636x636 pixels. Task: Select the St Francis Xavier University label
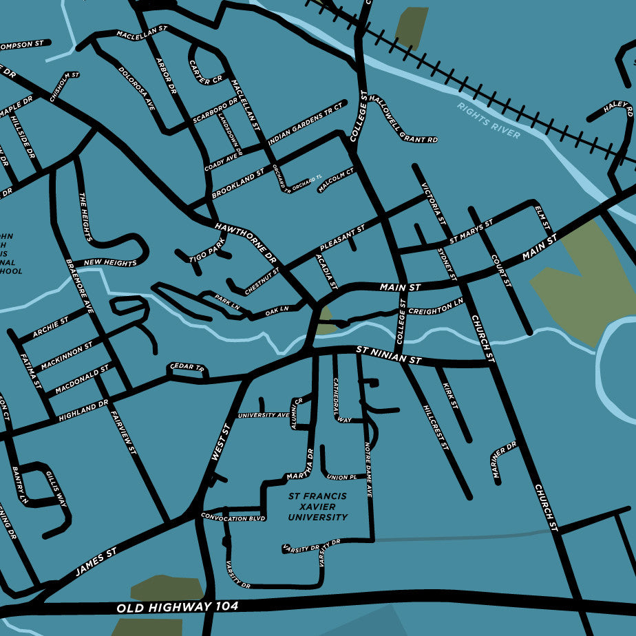(x=317, y=507)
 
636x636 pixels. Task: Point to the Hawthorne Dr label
(x=245, y=244)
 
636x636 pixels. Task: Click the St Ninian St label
(x=388, y=355)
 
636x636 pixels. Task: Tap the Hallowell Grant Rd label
(x=403, y=119)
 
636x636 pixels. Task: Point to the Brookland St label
(x=237, y=184)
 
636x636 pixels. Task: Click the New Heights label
(x=110, y=262)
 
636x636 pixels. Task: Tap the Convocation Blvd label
(x=233, y=517)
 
